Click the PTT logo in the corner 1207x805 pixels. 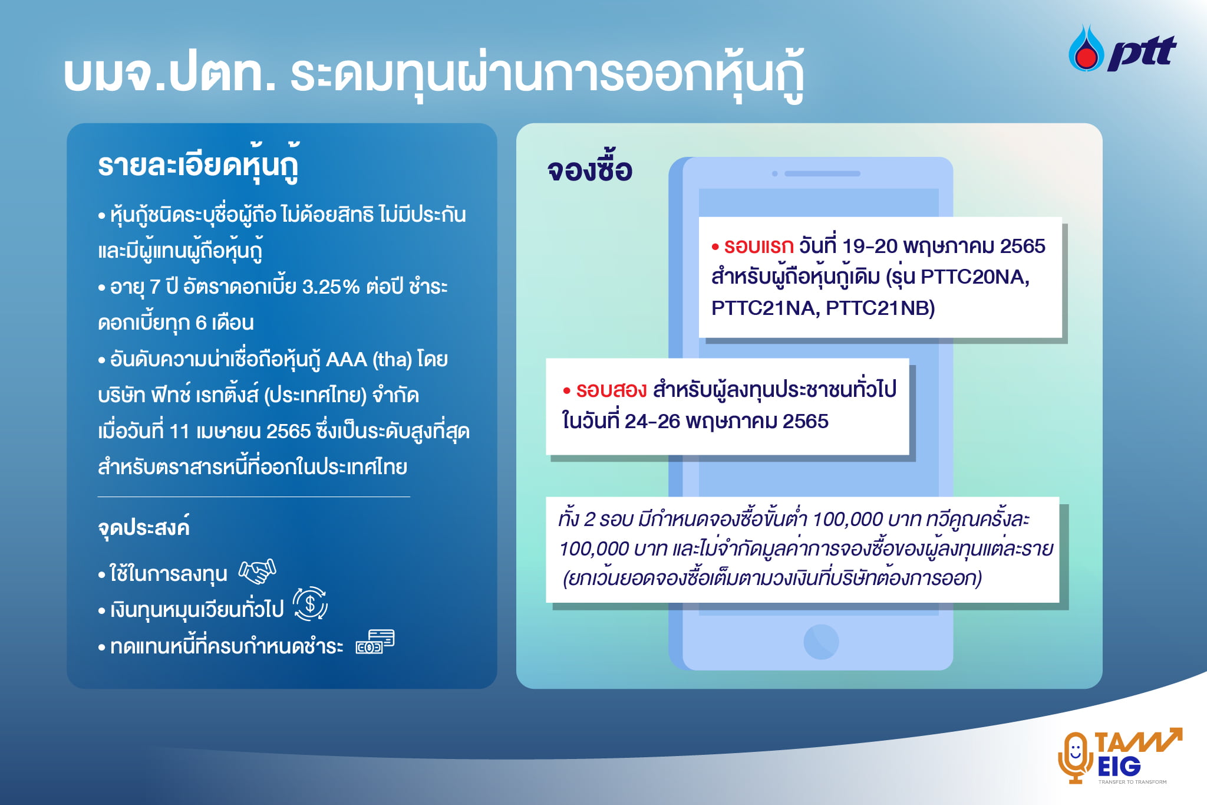(1122, 49)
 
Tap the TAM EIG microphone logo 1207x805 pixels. (1119, 756)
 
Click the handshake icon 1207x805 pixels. (257, 571)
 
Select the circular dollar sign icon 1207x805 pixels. (310, 604)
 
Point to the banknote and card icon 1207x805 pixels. (375, 642)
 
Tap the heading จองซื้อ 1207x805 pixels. (589, 170)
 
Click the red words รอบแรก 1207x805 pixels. (759, 246)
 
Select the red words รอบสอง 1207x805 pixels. (611, 390)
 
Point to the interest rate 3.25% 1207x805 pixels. (331, 287)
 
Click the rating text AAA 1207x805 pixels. (347, 359)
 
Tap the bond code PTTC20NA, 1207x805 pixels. (975, 277)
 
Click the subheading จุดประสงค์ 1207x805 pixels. (144, 527)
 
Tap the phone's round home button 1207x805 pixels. (821, 642)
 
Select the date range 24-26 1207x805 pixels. (652, 421)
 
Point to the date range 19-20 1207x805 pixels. (870, 246)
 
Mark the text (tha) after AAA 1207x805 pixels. (393, 359)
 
